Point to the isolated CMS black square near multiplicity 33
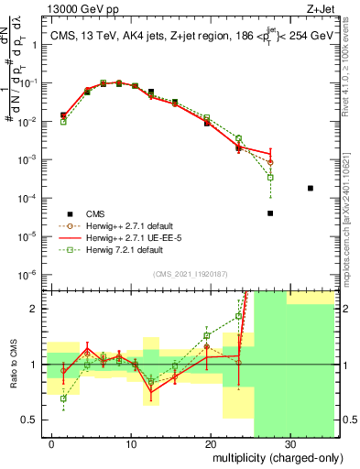(311, 188)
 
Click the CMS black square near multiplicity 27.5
(270, 213)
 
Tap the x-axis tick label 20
(210, 442)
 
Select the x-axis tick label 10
(130, 442)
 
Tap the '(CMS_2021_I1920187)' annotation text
(188, 272)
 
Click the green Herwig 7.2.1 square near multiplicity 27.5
(270, 177)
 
